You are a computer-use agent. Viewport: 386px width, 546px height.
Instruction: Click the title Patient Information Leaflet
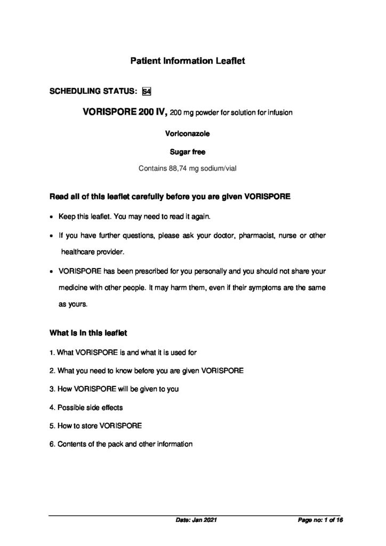(x=187, y=62)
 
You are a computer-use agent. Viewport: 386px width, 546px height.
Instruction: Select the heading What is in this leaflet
(x=87, y=333)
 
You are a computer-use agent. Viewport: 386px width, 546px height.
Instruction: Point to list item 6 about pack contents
(x=120, y=444)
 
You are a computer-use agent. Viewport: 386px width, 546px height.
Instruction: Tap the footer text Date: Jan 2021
(x=196, y=519)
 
